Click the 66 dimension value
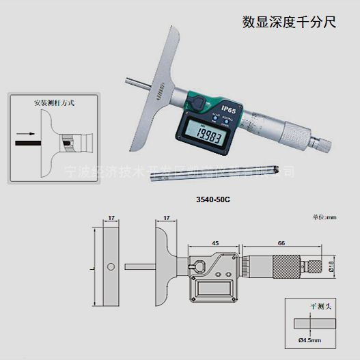tap(281, 243)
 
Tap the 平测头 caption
tap(310, 308)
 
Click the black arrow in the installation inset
tap(25, 133)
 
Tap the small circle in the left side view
tap(110, 265)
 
